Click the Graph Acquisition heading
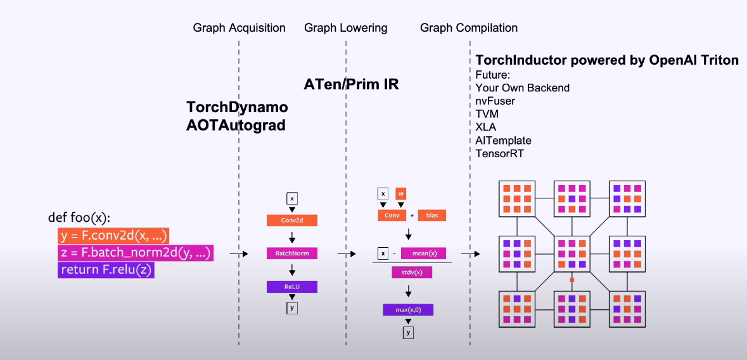[x=239, y=28]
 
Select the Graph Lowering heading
[x=345, y=28]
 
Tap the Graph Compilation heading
[x=469, y=28]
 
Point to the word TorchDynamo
[x=237, y=106]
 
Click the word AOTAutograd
[x=236, y=125]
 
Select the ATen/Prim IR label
[x=351, y=84]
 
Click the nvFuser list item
[x=495, y=101]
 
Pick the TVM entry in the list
[x=487, y=114]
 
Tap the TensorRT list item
[x=500, y=153]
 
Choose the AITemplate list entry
[x=504, y=140]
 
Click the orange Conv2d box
[x=291, y=221]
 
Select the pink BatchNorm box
[x=291, y=254]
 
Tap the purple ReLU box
[x=291, y=286]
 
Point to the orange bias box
[x=431, y=215]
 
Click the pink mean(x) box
[x=423, y=254]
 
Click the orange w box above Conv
[x=400, y=193]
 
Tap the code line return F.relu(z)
[x=106, y=270]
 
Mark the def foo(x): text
[x=79, y=218]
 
